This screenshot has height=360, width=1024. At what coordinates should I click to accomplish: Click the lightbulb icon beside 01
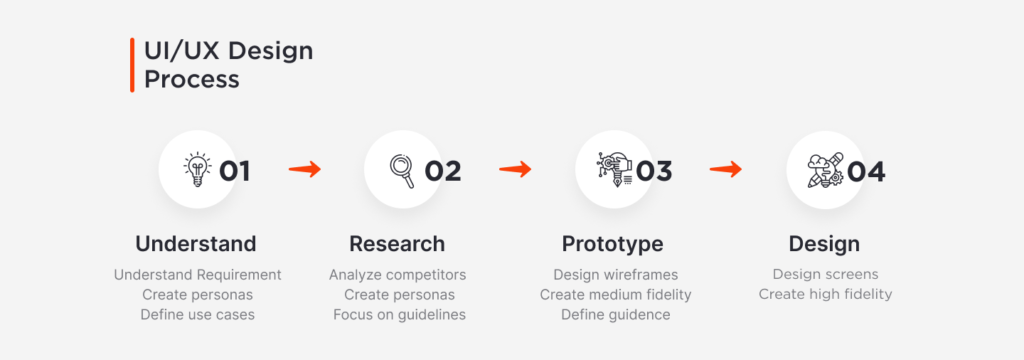(197, 170)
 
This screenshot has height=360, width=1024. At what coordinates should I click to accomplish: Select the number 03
(654, 171)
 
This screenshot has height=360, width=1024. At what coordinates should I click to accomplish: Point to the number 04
(866, 172)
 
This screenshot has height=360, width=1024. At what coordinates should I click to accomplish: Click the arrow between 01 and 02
(305, 170)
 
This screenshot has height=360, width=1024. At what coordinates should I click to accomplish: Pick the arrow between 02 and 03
(515, 170)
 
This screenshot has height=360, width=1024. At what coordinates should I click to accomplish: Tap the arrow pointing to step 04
(726, 170)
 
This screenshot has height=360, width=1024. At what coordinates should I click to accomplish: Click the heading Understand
(196, 244)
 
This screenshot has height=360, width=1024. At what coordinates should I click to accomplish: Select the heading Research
(397, 244)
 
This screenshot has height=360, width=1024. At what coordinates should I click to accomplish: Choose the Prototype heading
(613, 244)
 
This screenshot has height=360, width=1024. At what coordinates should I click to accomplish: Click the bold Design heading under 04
(824, 244)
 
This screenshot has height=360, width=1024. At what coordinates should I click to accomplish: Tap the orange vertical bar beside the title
(132, 65)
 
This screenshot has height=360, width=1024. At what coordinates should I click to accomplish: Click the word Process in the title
(191, 80)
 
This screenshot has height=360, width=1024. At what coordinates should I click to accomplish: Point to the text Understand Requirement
(197, 275)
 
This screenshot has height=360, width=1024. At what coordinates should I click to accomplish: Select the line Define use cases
(197, 314)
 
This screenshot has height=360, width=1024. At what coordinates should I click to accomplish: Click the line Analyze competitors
(398, 275)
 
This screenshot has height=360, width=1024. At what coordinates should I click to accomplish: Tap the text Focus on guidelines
(399, 315)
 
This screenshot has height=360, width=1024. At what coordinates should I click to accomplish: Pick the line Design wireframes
(615, 275)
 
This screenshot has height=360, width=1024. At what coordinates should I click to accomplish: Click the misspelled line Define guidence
(615, 315)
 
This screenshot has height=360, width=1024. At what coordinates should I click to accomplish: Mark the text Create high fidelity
(825, 295)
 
